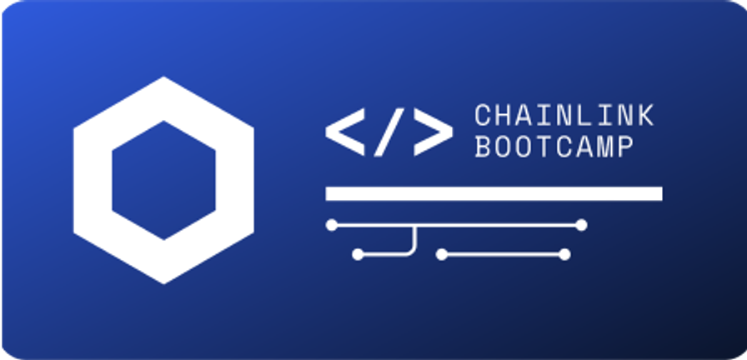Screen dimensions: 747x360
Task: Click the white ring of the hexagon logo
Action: [x=92, y=180]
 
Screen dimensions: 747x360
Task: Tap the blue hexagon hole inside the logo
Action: [x=164, y=180]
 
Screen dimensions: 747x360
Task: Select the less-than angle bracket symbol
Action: [x=345, y=132]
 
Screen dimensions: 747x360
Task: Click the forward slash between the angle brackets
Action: [x=389, y=132]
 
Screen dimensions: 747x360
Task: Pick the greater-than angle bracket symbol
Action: [x=433, y=132]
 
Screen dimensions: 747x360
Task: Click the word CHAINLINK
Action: [x=564, y=116]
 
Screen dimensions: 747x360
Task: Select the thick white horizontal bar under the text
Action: [x=494, y=194]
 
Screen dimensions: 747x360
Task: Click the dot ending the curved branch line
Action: [x=358, y=255]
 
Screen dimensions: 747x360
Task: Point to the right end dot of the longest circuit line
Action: [x=581, y=225]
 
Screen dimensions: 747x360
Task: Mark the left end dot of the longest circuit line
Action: [x=332, y=225]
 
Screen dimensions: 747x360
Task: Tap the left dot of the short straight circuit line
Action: [x=442, y=255]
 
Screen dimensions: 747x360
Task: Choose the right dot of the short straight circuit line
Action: [x=564, y=255]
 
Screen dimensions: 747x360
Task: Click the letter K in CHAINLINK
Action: [x=645, y=116]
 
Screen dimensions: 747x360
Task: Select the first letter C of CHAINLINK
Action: [x=483, y=116]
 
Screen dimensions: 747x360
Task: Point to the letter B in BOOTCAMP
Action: [x=483, y=147]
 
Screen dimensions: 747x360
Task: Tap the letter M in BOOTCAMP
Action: [x=605, y=147]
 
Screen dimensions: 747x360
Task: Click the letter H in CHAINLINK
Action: [x=503, y=116]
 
